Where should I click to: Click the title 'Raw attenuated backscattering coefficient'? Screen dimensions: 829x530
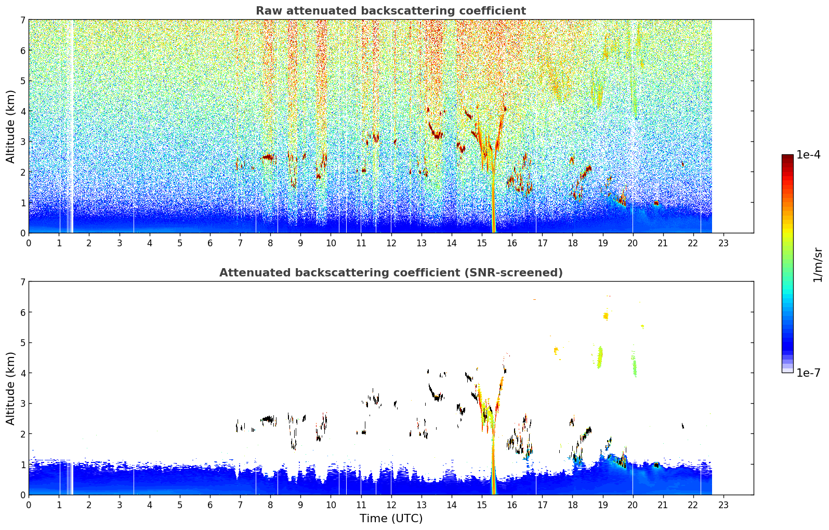(391, 11)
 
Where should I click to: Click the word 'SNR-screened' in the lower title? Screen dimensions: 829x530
(512, 273)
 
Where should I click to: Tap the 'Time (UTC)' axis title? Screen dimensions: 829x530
(391, 518)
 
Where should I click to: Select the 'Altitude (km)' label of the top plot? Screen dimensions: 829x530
(10, 127)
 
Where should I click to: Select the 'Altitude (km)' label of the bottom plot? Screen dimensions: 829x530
(10, 388)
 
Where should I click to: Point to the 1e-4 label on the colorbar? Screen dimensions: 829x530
(808, 155)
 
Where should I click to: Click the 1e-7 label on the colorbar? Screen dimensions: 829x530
(808, 373)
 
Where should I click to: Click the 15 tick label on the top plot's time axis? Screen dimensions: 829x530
(481, 243)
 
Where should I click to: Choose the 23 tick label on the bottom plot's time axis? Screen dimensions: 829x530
(723, 505)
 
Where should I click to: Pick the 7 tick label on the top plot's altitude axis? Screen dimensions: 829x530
(22, 20)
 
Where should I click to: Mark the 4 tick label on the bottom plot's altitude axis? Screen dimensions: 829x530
(22, 373)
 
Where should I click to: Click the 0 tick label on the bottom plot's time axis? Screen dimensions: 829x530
(29, 505)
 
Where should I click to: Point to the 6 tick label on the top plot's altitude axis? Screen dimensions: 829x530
(22, 50)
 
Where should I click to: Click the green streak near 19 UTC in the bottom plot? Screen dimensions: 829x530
(600, 357)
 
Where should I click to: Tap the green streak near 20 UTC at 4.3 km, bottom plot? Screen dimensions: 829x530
(634, 366)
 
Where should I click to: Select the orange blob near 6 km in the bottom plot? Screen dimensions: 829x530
(606, 316)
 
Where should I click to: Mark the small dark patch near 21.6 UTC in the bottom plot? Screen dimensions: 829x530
(683, 426)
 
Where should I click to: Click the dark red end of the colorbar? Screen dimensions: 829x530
(787, 157)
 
